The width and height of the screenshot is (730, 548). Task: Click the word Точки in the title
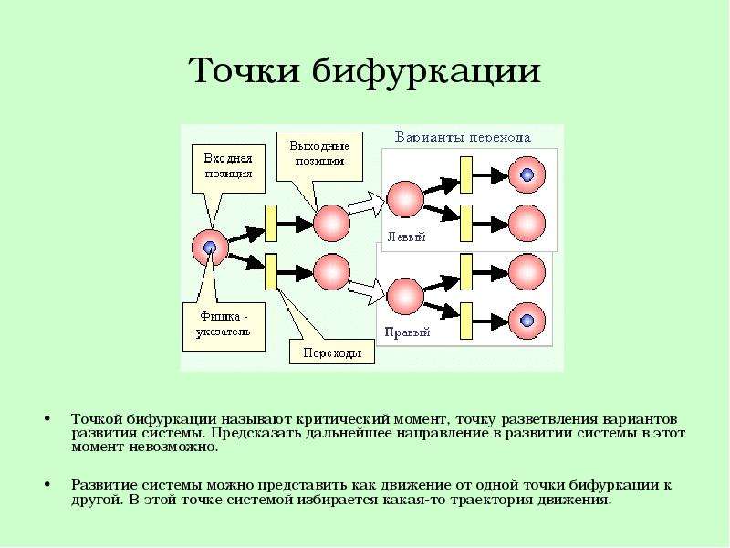(244, 71)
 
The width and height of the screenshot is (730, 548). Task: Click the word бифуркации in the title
(426, 72)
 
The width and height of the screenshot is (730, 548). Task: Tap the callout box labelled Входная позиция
(228, 169)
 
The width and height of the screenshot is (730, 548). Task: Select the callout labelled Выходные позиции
(319, 156)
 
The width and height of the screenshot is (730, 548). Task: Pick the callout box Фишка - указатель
(224, 326)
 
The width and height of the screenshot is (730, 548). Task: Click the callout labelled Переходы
(332, 352)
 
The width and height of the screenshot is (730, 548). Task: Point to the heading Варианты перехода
(463, 138)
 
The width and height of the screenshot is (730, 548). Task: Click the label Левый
(406, 237)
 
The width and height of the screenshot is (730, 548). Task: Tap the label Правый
(407, 332)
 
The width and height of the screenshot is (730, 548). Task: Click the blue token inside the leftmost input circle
(210, 247)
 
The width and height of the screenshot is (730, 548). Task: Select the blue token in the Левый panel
(527, 174)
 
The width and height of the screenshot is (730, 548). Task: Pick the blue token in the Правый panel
(527, 321)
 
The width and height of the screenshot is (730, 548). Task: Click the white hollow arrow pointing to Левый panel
(368, 204)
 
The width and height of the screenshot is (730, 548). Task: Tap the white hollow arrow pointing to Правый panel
(368, 291)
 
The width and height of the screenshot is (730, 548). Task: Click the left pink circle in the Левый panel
(405, 199)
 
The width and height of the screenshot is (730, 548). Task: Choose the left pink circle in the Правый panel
(405, 296)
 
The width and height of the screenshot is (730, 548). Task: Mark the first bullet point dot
(47, 418)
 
